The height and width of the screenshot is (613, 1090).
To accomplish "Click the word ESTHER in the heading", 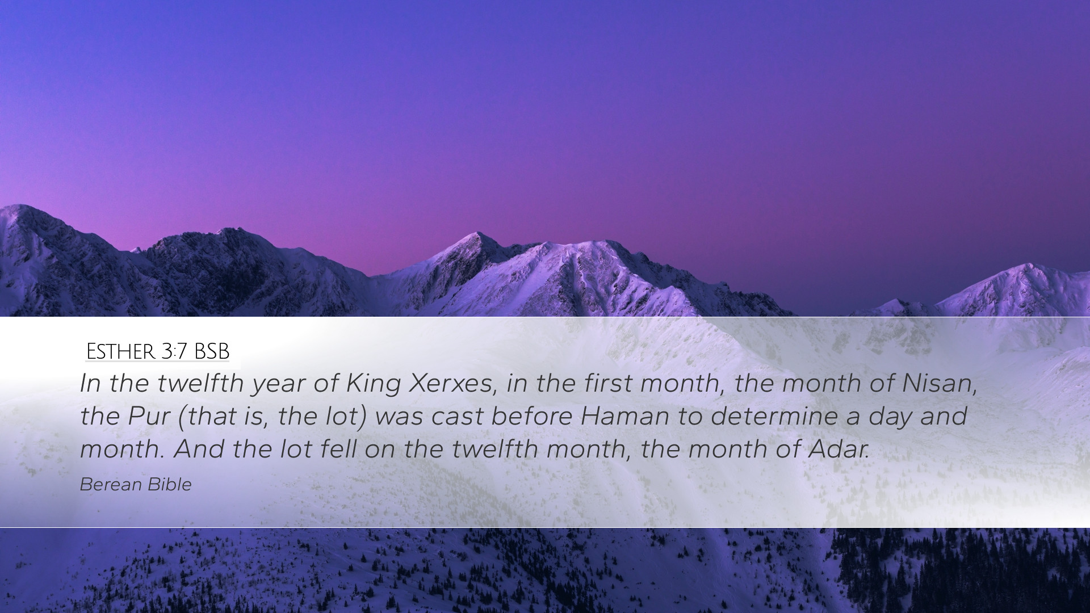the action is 120,352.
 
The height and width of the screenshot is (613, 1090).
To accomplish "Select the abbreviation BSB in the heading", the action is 211,352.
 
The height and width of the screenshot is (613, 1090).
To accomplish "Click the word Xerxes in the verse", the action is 451,383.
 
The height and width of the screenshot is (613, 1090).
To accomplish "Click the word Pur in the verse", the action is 149,416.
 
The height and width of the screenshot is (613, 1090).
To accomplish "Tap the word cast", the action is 456,416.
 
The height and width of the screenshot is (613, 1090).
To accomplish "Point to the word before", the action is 531,416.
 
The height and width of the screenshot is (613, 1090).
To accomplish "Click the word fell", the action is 338,449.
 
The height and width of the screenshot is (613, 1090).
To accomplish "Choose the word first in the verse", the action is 608,383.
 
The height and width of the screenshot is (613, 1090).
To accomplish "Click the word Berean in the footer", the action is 111,484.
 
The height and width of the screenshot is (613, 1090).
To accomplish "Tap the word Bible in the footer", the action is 169,484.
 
